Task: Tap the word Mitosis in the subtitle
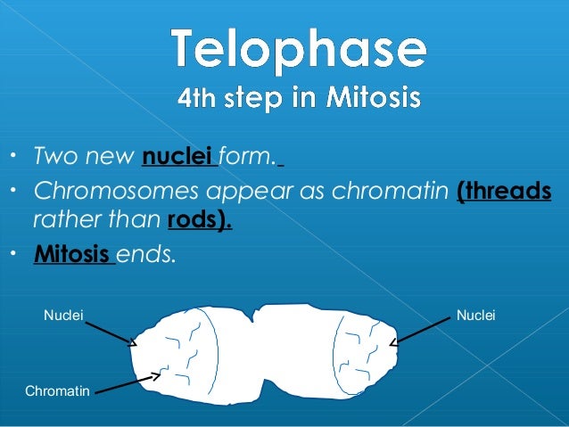coord(371,97)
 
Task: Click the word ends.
coord(147,255)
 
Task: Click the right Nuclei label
coord(475,315)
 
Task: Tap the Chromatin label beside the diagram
coord(57,390)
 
